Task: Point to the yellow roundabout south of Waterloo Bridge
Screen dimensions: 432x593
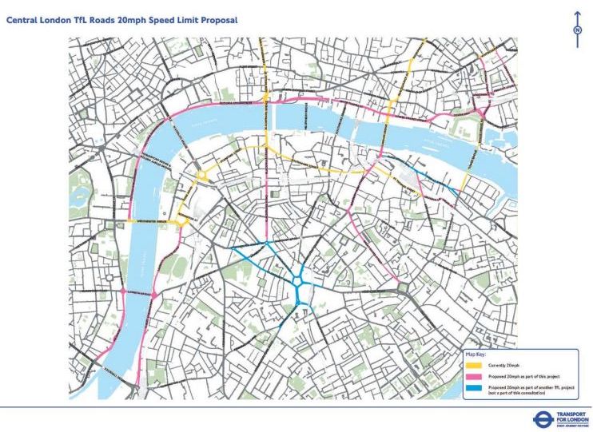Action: coord(203,176)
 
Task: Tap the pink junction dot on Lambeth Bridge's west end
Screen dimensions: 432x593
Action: coord(123,292)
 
